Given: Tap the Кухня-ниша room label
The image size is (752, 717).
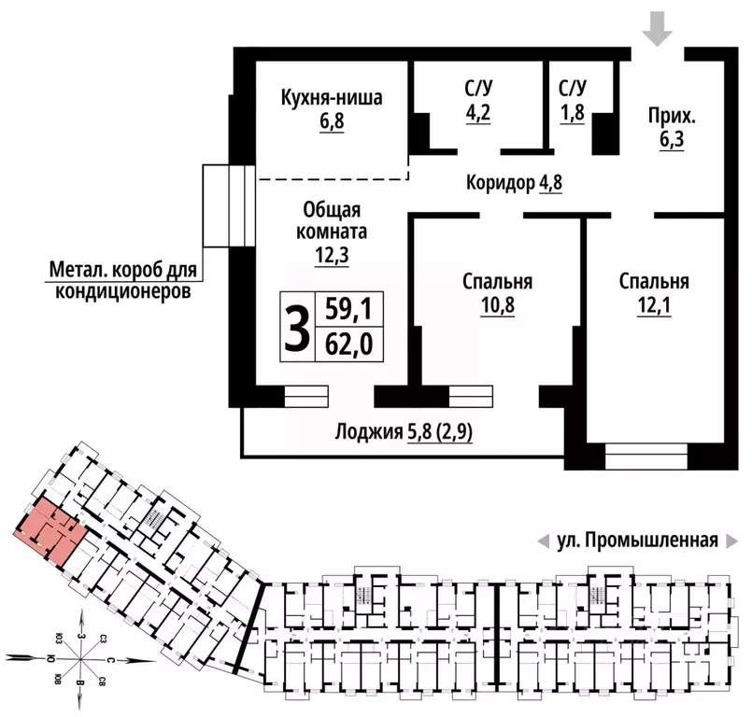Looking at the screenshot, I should pos(332,98).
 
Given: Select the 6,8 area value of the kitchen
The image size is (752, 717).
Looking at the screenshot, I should pos(332,121).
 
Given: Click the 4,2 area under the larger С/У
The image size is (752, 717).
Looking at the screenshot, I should pos(478,120).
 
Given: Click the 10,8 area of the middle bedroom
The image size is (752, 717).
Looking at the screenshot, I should pos(498,303).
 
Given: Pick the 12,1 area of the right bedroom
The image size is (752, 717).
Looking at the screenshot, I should pos(654,303).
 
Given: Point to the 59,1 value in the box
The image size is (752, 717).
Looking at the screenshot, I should pos(348,310).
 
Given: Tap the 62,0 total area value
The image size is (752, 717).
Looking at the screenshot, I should pos(348,344).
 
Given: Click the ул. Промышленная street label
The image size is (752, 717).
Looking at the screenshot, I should pos(636,540).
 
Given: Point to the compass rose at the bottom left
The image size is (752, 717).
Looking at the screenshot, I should pos(81,658).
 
